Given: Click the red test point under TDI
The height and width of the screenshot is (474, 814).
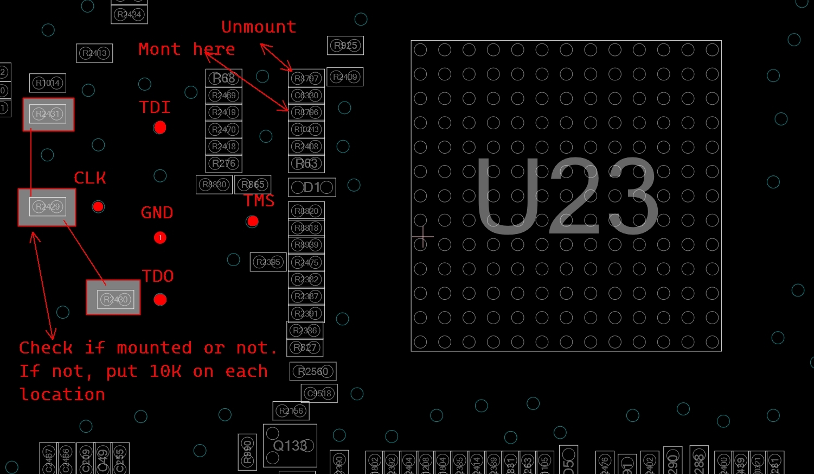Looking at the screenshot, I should pyautogui.click(x=159, y=128).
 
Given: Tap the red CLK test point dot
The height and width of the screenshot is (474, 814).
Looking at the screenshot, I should pyautogui.click(x=98, y=206).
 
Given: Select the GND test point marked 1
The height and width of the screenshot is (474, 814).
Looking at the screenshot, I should pyautogui.click(x=160, y=237).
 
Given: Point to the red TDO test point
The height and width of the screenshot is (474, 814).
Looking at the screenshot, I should pyautogui.click(x=160, y=299).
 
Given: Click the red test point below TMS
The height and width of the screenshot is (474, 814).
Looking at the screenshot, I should pyautogui.click(x=252, y=221).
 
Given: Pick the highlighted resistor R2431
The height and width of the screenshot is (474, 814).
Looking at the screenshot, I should pyautogui.click(x=48, y=114).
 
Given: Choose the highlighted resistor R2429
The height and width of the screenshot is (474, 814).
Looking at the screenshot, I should pyautogui.click(x=47, y=207).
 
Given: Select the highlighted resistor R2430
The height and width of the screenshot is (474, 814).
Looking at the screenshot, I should pyautogui.click(x=114, y=298).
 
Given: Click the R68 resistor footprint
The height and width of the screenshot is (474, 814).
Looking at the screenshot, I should pyautogui.click(x=223, y=78).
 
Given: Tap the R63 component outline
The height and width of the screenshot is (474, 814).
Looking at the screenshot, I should pyautogui.click(x=306, y=163).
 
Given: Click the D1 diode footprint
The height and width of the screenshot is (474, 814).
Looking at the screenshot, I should pyautogui.click(x=312, y=187).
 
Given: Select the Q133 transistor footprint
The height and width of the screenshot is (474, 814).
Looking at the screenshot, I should pyautogui.click(x=290, y=446).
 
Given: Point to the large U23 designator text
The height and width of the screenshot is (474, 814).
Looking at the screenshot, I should pyautogui.click(x=567, y=197).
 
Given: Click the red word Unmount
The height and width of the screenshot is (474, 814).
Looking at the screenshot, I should pyautogui.click(x=259, y=27).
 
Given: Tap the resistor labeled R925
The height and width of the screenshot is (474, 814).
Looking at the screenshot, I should pyautogui.click(x=345, y=46).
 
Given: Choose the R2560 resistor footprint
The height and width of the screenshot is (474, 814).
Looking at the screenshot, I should pyautogui.click(x=313, y=371).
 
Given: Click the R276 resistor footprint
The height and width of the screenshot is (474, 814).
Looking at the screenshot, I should pyautogui.click(x=223, y=163).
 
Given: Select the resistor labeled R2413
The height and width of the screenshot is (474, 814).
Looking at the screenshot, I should pyautogui.click(x=94, y=53).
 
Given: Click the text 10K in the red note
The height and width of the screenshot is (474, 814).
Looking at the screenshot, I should pyautogui.click(x=165, y=371).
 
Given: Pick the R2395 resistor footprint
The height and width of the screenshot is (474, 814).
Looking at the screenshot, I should pyautogui.click(x=268, y=262).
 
